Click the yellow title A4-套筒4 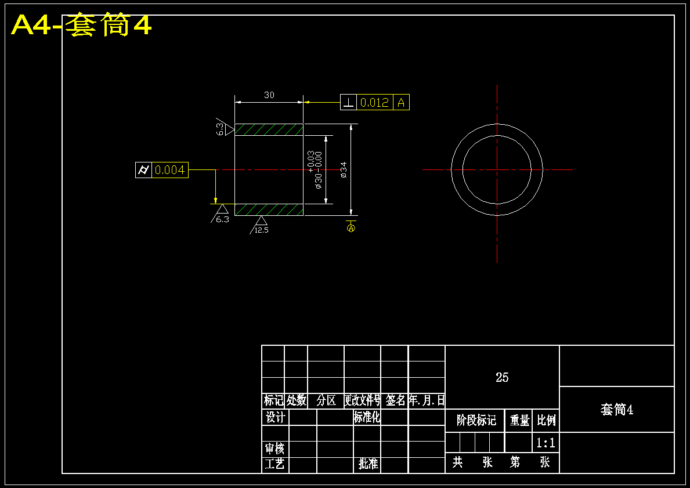pyautogui.click(x=81, y=24)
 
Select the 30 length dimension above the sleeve pyautogui.click(x=269, y=95)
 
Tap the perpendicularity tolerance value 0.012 pyautogui.click(x=374, y=103)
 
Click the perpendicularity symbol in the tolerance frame pyautogui.click(x=349, y=103)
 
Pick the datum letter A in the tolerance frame pyautogui.click(x=401, y=103)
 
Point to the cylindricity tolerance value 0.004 pyautogui.click(x=169, y=170)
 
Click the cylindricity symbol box pyautogui.click(x=143, y=170)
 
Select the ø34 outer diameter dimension pyautogui.click(x=343, y=170)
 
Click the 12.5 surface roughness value pyautogui.click(x=261, y=230)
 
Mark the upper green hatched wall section pyautogui.click(x=269, y=129)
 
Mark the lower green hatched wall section pyautogui.click(x=269, y=210)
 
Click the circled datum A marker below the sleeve pyautogui.click(x=351, y=228)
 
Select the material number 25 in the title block pyautogui.click(x=502, y=377)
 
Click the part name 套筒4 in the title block pyautogui.click(x=617, y=410)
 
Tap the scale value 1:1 pyautogui.click(x=546, y=443)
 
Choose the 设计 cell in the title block pyautogui.click(x=276, y=417)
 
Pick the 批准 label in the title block pyautogui.click(x=369, y=464)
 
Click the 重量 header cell pyautogui.click(x=519, y=420)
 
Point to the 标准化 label pyautogui.click(x=367, y=417)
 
